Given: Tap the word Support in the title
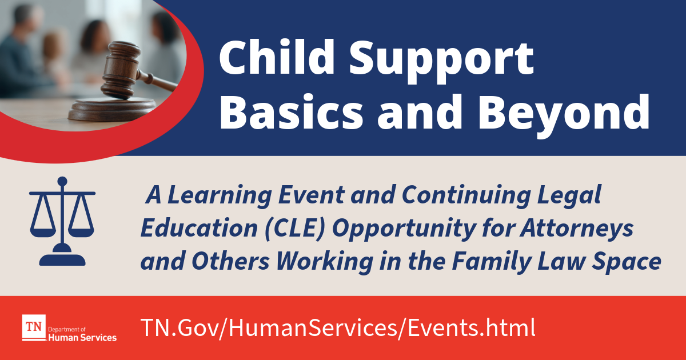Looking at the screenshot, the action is [x=441, y=61].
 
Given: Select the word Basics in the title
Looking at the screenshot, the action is [x=291, y=112].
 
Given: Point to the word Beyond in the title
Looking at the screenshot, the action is [x=564, y=115].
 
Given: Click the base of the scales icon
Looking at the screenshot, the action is [x=62, y=257].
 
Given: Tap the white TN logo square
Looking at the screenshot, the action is [x=34, y=327].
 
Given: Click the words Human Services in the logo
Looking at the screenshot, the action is [x=82, y=338].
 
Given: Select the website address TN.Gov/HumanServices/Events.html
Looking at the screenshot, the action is [x=338, y=328].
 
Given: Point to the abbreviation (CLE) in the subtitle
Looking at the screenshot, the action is [x=294, y=229].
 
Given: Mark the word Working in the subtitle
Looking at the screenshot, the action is [x=325, y=262].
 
